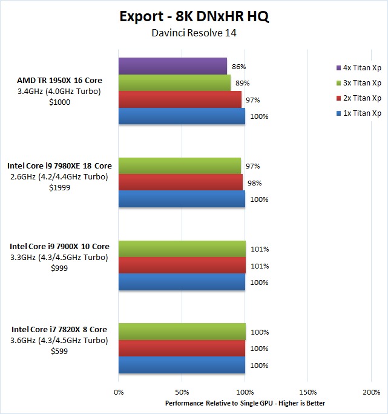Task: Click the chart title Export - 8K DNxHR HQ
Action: [194, 16]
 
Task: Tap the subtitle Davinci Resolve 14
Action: [194, 33]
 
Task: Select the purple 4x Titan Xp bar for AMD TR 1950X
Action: [173, 66]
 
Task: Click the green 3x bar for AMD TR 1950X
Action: [174, 82]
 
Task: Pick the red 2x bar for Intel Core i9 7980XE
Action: [180, 182]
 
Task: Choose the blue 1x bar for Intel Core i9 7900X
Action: [182, 282]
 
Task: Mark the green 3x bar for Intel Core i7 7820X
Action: [182, 332]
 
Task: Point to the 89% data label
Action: [243, 83]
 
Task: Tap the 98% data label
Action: [254, 183]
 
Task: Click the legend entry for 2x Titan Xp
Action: [358, 98]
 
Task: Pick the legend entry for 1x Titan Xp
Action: [358, 113]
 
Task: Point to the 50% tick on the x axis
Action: [182, 393]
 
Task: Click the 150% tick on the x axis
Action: [308, 393]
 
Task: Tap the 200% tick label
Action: [371, 393]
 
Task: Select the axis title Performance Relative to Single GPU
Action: [245, 403]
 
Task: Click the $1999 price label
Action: [59, 188]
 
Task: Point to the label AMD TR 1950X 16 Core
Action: [60, 80]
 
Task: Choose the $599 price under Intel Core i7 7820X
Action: [59, 351]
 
